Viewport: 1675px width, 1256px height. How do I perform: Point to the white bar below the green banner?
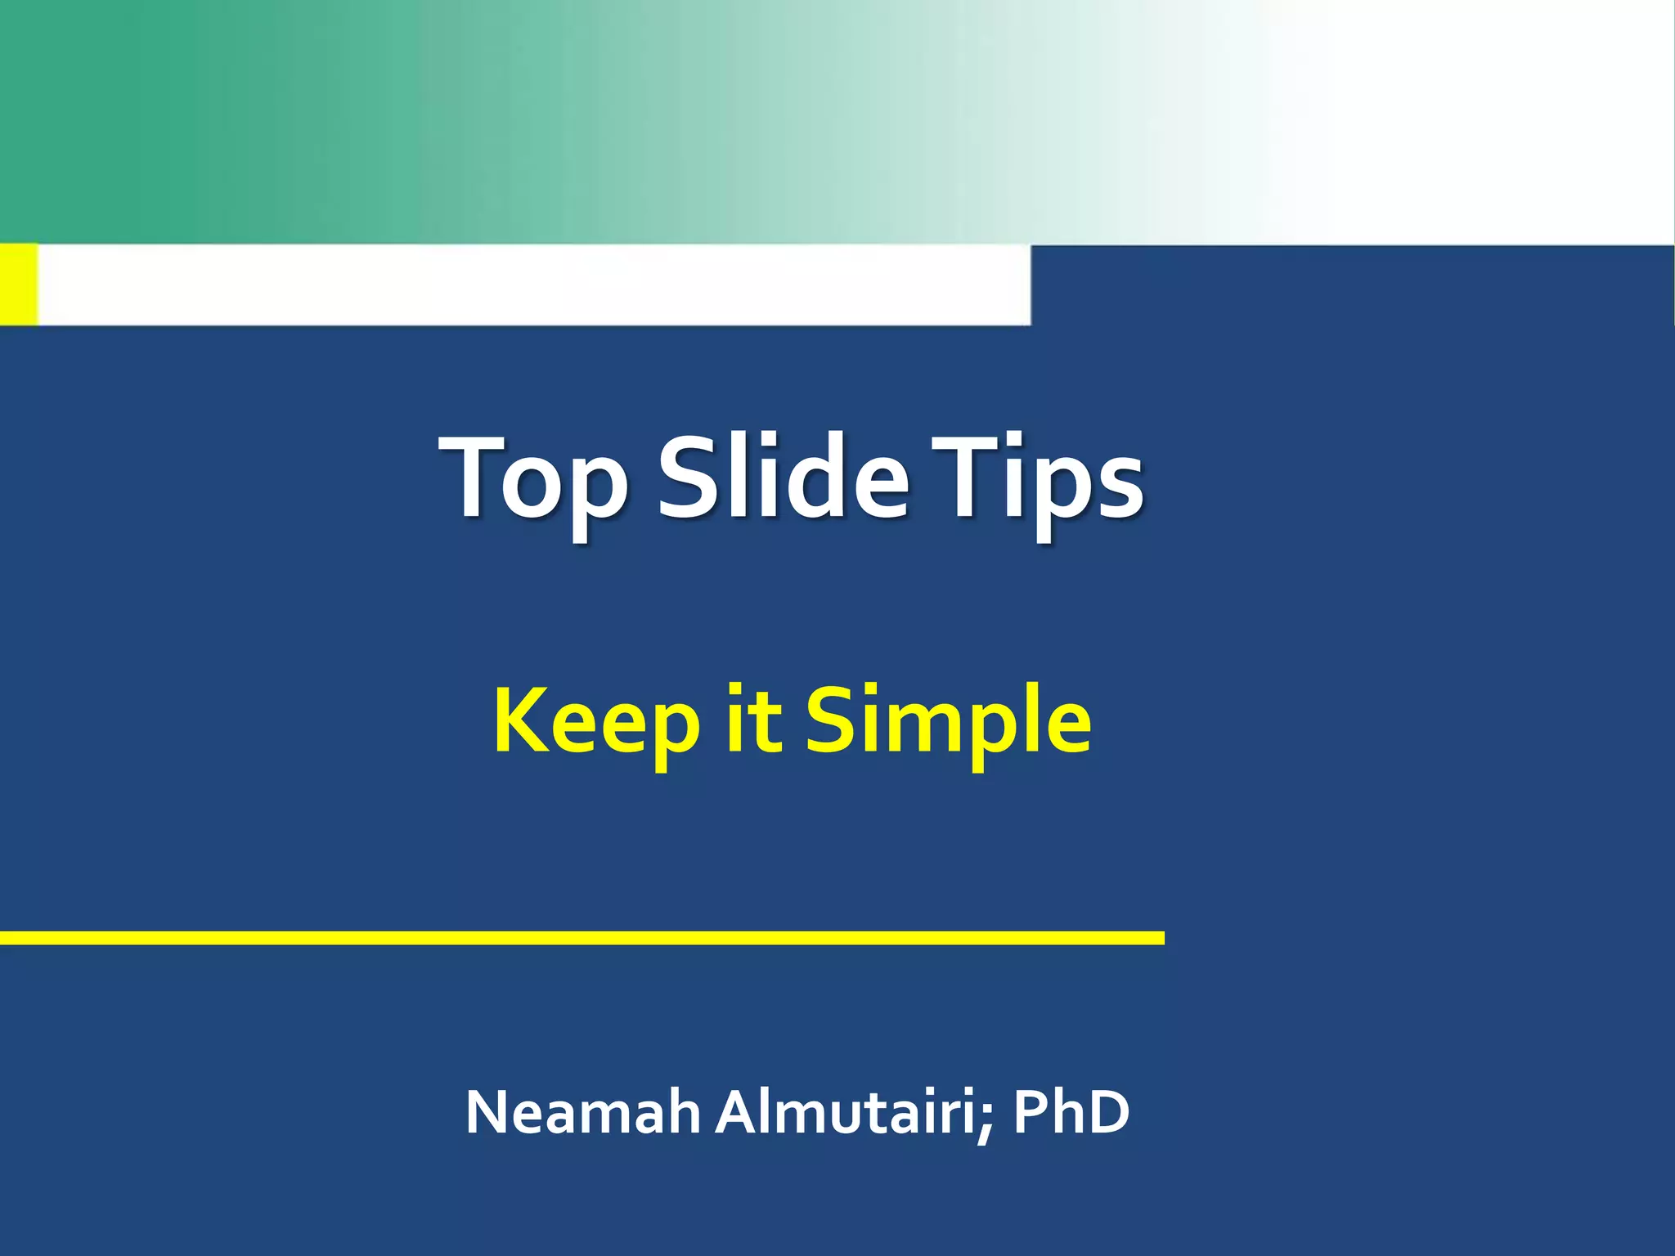coord(532,284)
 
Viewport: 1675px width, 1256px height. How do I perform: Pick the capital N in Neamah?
coord(490,1112)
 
